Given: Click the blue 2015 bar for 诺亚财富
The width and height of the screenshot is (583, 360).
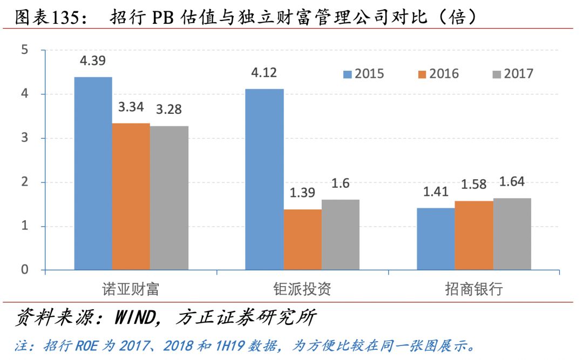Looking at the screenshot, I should [93, 173].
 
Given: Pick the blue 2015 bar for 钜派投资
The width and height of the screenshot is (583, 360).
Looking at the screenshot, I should [265, 179].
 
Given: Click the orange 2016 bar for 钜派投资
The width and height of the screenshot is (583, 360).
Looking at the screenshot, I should [302, 239].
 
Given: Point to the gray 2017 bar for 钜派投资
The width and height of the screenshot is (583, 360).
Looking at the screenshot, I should [341, 235].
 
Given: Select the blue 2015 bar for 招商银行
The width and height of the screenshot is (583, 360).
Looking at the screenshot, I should [436, 239].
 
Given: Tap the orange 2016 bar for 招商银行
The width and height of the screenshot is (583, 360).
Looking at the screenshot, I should [474, 235].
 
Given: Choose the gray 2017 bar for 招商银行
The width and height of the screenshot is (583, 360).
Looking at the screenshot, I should [512, 234].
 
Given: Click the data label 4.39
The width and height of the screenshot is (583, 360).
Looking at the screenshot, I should [92, 61].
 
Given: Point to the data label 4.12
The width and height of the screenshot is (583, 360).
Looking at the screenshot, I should [264, 73].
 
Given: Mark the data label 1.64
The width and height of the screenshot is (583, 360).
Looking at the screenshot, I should [512, 182].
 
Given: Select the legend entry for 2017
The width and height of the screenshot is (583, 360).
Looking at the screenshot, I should [512, 73].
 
